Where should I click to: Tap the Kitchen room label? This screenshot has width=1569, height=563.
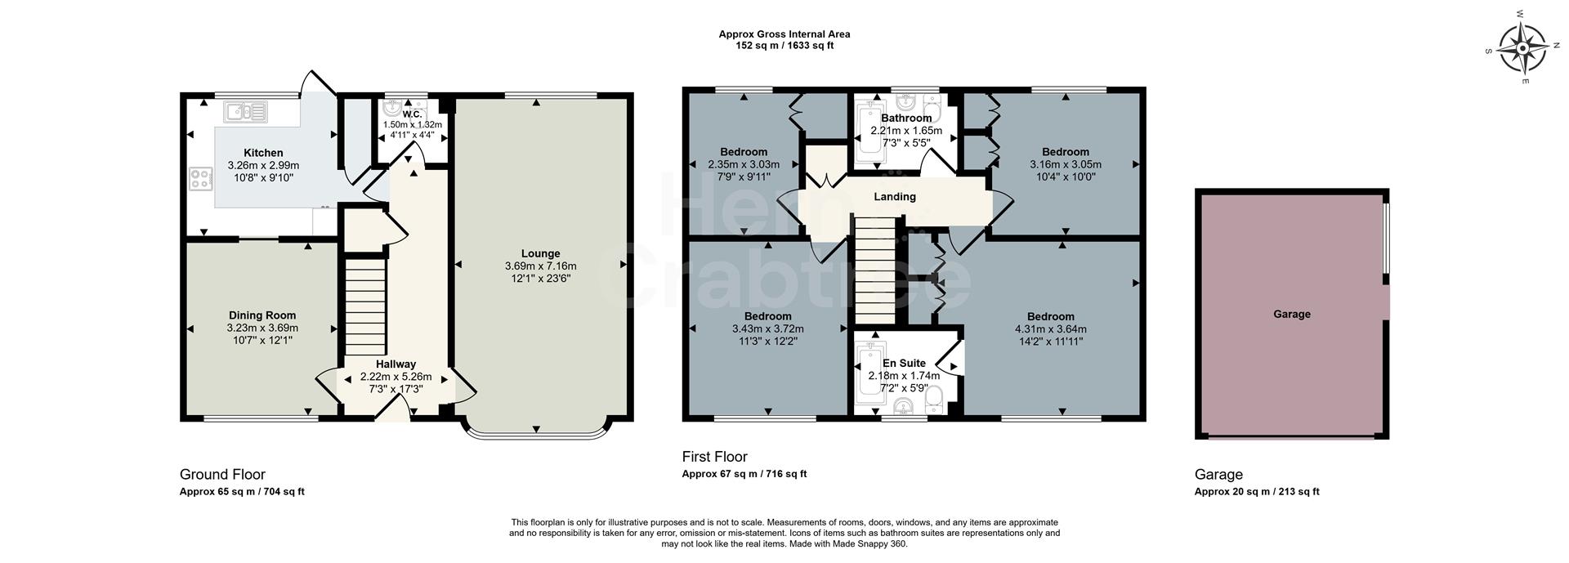click(263, 153)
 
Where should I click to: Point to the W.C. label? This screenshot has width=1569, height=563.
click(412, 114)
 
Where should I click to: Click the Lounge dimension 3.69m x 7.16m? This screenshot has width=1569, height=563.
click(540, 266)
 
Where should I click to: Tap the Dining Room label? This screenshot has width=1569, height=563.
click(262, 315)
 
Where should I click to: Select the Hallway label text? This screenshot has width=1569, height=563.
click(396, 364)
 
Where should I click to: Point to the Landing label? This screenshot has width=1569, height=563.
click(895, 197)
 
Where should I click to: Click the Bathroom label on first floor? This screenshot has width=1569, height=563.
click(905, 118)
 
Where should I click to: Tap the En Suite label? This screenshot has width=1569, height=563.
click(904, 364)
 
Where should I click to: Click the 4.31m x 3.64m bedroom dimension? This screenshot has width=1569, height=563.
click(1050, 329)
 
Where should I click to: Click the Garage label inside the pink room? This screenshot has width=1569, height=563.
click(1291, 314)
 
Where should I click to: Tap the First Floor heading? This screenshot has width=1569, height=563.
click(714, 457)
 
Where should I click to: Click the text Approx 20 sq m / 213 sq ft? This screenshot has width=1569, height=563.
click(1257, 492)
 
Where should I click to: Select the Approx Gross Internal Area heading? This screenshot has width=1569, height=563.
click(784, 34)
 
